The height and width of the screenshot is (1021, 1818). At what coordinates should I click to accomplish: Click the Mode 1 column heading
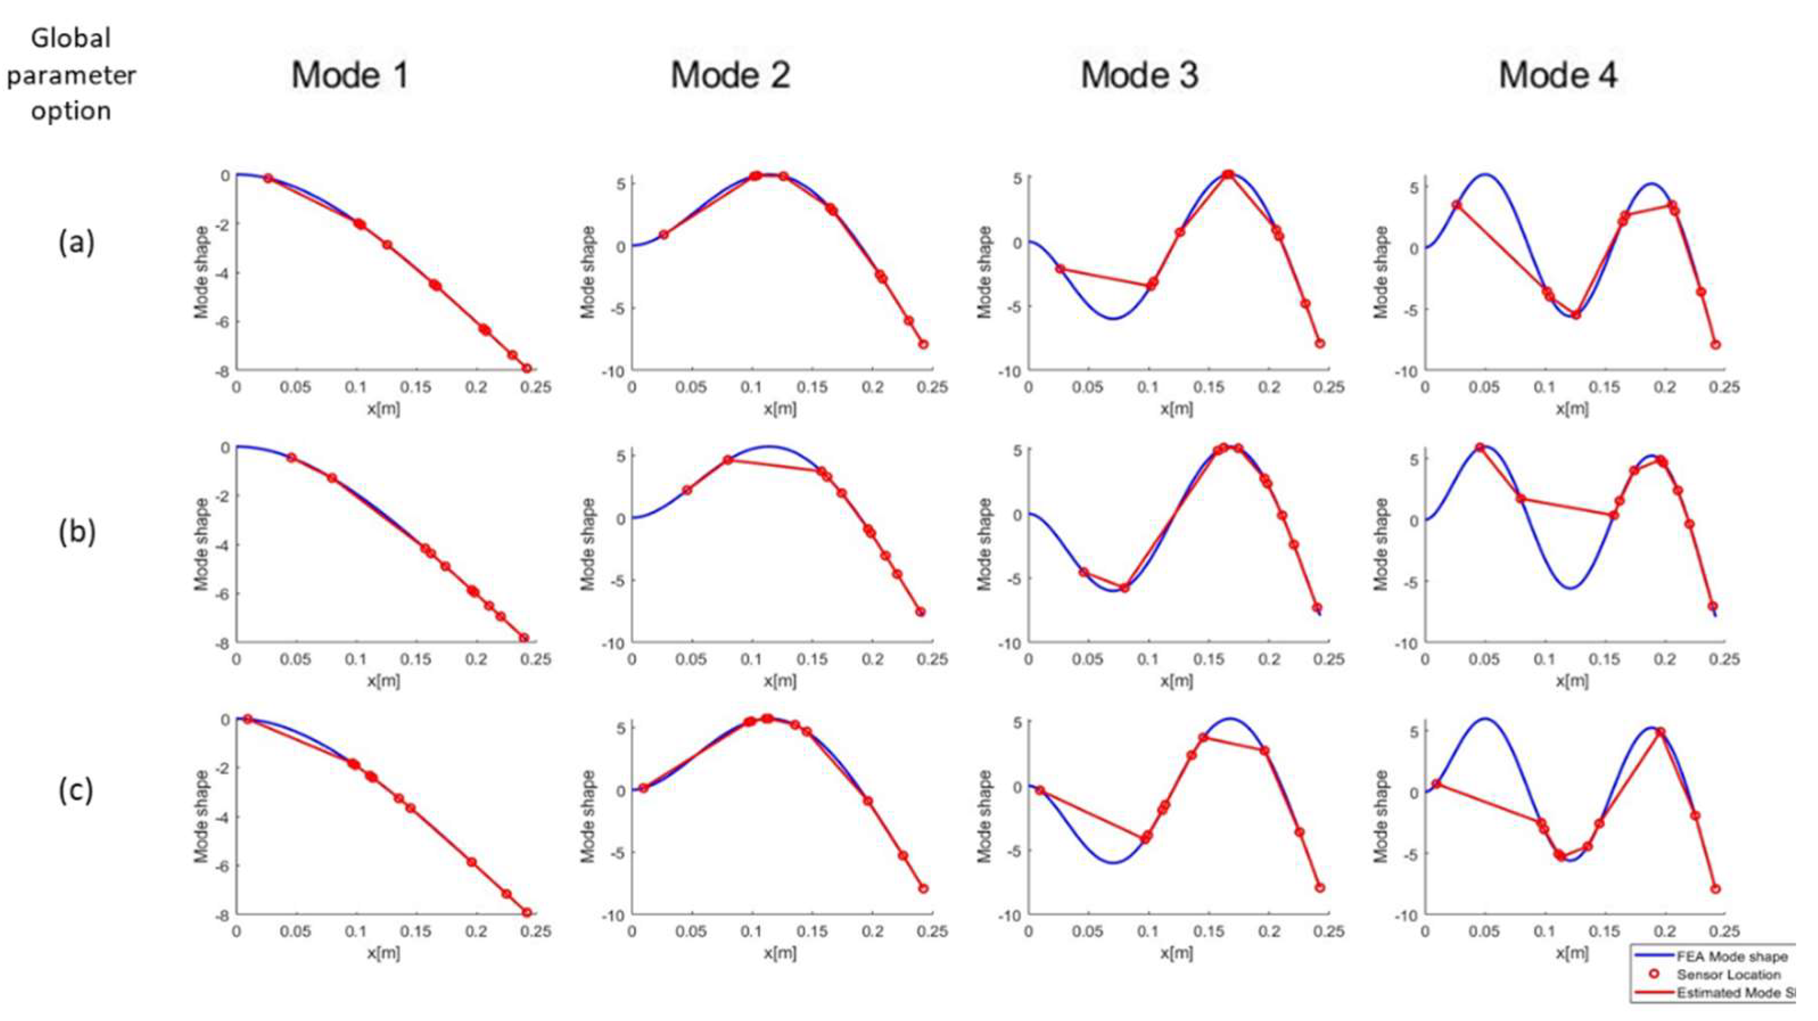coord(350,75)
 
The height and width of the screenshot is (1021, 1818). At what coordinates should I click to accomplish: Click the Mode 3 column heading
coord(1139,75)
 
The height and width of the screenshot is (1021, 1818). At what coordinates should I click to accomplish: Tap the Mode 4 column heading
coord(1557,75)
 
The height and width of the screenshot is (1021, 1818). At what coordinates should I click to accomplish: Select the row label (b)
coord(76,531)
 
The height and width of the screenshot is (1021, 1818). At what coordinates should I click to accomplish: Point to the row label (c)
coord(76,790)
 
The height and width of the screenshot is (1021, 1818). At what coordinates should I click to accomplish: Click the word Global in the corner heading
coord(71,38)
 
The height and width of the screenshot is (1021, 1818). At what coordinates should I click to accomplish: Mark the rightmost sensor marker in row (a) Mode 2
coord(922,344)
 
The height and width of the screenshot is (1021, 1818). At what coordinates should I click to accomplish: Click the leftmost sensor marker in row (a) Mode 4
coord(1457,205)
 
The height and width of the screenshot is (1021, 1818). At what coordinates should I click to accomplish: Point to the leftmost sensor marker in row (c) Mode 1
coord(248,719)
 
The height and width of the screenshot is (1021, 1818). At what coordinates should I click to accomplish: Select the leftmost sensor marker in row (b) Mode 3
coord(1084,572)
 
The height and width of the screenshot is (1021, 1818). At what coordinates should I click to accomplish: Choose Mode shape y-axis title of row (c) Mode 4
coord(1381,816)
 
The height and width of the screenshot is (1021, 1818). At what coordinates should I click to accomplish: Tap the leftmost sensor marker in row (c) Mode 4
coord(1436,784)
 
